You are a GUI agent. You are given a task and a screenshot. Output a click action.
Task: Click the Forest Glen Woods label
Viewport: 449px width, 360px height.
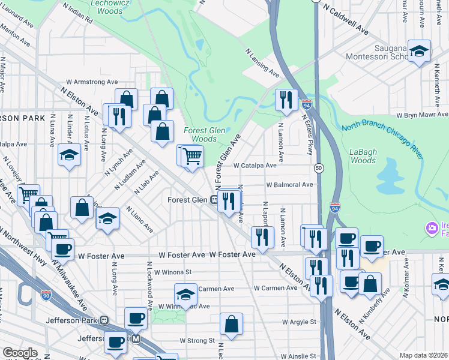point(200,134)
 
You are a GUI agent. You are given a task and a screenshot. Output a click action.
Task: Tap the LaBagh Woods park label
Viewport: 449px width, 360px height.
point(363,156)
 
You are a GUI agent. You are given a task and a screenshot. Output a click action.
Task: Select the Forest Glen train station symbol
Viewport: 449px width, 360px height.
point(214,200)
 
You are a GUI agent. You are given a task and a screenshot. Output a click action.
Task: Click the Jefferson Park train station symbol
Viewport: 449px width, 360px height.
point(104,320)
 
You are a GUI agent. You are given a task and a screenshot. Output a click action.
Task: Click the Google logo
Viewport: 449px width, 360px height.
point(20,353)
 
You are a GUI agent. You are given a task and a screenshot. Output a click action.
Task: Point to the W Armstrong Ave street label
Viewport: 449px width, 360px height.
point(92,82)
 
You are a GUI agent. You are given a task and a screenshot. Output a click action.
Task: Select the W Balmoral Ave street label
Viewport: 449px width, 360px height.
point(290,185)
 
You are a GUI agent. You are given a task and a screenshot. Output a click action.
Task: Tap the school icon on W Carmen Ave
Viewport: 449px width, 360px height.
point(186,295)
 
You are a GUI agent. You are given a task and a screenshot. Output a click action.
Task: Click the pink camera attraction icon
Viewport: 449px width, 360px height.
point(430,229)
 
